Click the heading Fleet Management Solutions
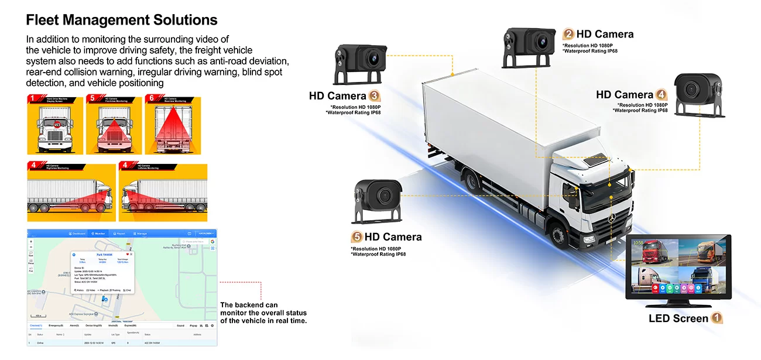click(x=122, y=20)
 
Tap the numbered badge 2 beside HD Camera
click(x=568, y=34)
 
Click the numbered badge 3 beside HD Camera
click(x=375, y=96)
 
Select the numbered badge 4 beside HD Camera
click(x=661, y=95)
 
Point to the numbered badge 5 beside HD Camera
click(x=356, y=237)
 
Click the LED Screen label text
click(x=678, y=318)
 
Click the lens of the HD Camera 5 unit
click(x=384, y=195)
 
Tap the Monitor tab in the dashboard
click(x=98, y=234)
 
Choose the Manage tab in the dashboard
click(x=140, y=234)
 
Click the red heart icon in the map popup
click(x=127, y=254)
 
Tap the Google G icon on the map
click(x=212, y=241)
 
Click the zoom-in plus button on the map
click(x=31, y=241)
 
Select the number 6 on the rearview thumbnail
click(x=152, y=99)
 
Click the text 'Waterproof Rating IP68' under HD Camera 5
click(x=379, y=254)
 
